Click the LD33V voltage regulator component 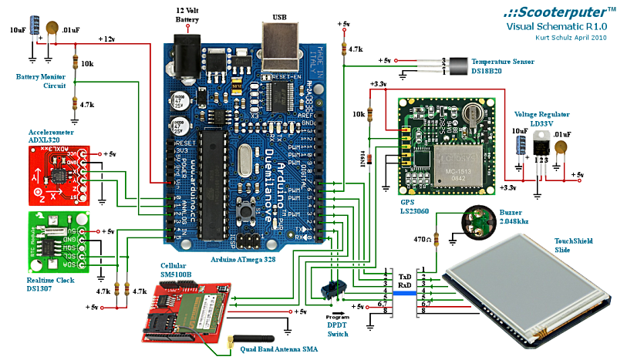[x=539, y=142]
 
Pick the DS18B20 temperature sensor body [x=459, y=65]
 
